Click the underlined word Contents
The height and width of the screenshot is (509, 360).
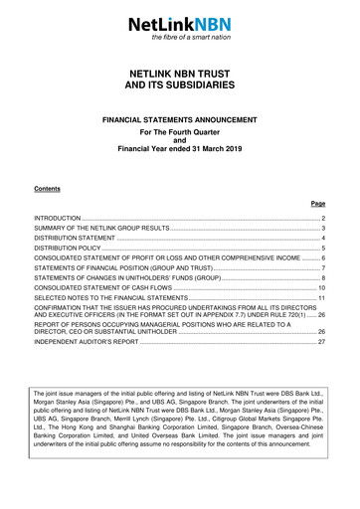pos(47,189)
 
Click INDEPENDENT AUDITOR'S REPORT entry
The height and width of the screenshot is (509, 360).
pos(87,369)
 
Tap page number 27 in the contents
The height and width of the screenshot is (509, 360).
pos(320,369)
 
